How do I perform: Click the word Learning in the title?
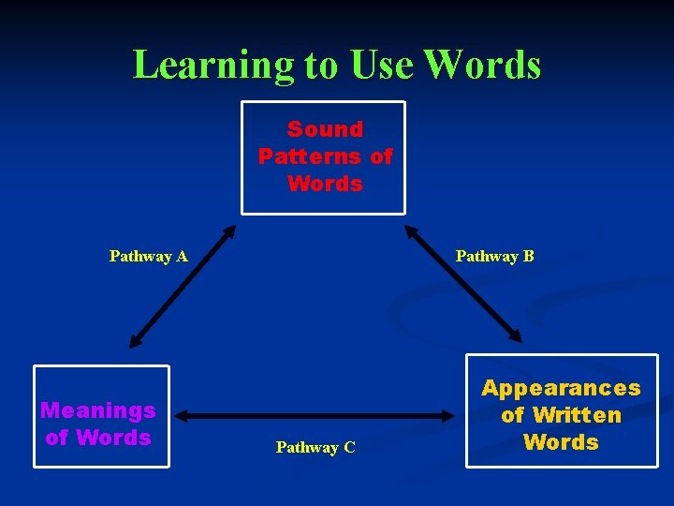pyautogui.click(x=212, y=65)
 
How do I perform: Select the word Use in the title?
pyautogui.click(x=381, y=65)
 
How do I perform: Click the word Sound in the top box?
pyautogui.click(x=325, y=129)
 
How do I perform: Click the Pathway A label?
pyautogui.click(x=148, y=256)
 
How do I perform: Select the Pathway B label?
pyautogui.click(x=494, y=256)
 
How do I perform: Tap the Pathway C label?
pyautogui.click(x=315, y=448)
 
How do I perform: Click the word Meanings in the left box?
pyautogui.click(x=98, y=410)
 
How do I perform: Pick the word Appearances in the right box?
pyautogui.click(x=561, y=388)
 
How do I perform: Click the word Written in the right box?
pyautogui.click(x=575, y=415)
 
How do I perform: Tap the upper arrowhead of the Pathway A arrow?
pyautogui.click(x=228, y=231)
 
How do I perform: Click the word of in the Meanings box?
pyautogui.click(x=56, y=438)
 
